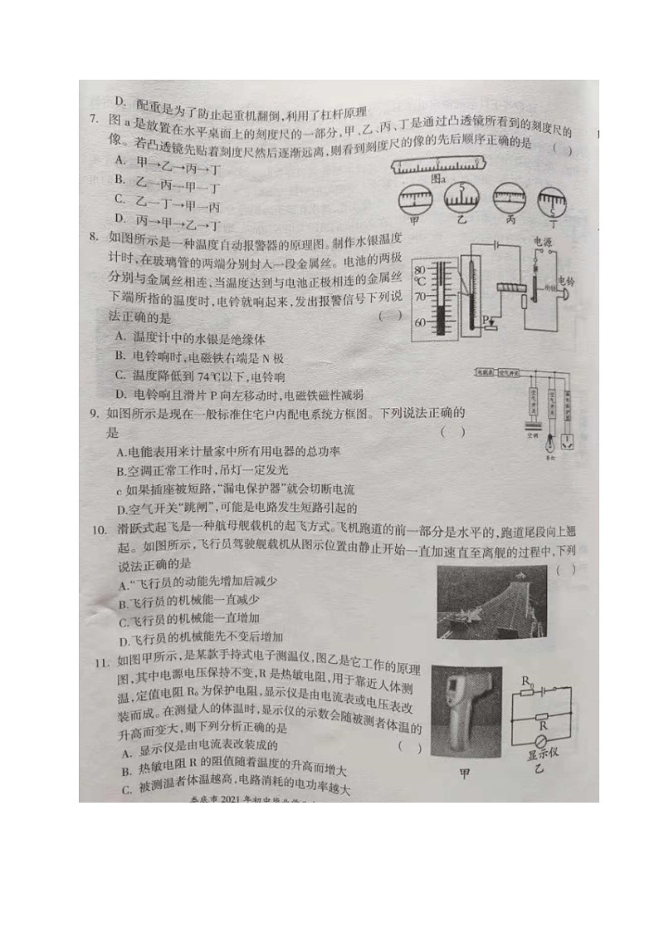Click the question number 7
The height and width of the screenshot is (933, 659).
[x=94, y=120]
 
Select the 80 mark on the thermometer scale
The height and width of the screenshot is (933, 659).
[x=420, y=269]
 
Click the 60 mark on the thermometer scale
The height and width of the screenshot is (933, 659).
[x=420, y=321]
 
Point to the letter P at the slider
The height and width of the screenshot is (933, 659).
[x=486, y=320]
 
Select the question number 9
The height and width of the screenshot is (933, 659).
[x=94, y=413]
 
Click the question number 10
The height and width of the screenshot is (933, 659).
[x=98, y=529]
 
